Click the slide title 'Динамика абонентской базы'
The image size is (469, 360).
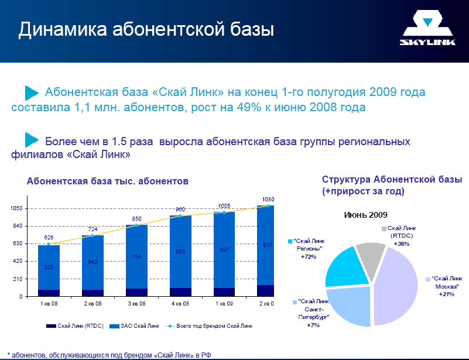pyautogui.click(x=146, y=29)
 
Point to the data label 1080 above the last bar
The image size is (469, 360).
pyautogui.click(x=268, y=199)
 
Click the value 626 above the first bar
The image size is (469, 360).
pyautogui.click(x=49, y=237)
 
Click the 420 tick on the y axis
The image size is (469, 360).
pyautogui.click(x=18, y=261)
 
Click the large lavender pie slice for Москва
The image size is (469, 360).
pyautogui.click(x=398, y=287)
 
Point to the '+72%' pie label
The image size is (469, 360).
pyautogui.click(x=308, y=256)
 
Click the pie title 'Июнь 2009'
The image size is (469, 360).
pyautogui.click(x=365, y=215)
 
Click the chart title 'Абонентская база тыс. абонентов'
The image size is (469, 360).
pyautogui.click(x=108, y=181)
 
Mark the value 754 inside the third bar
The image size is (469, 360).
pyautogui.click(x=136, y=256)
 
